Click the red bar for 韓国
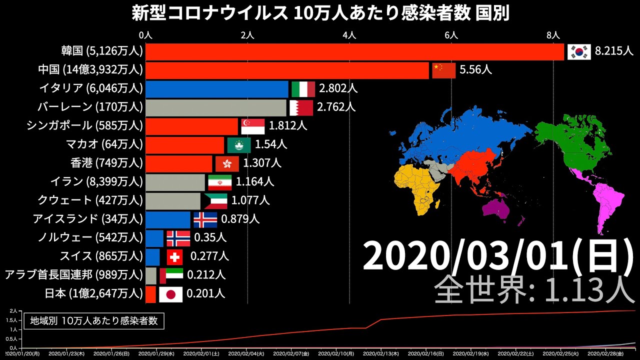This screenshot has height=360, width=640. pyautogui.click(x=354, y=52)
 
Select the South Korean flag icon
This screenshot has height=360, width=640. pyautogui.click(x=579, y=51)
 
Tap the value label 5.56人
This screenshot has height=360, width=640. pyautogui.click(x=475, y=70)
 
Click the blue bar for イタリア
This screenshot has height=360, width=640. pyautogui.click(x=217, y=89)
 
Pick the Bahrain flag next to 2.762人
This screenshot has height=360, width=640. pyautogui.click(x=301, y=107)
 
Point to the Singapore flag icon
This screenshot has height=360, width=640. pyautogui.click(x=252, y=126)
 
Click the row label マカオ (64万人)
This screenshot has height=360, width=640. pyautogui.click(x=104, y=144)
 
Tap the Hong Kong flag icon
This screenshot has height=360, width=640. pyautogui.click(x=227, y=163)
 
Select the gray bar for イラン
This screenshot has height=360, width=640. pyautogui.click(x=175, y=182)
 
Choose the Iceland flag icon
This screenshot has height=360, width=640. pyautogui.click(x=205, y=219)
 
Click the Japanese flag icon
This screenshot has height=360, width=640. pyautogui.click(x=170, y=294)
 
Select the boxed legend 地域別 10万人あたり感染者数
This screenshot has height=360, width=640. pyautogui.click(x=94, y=321)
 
